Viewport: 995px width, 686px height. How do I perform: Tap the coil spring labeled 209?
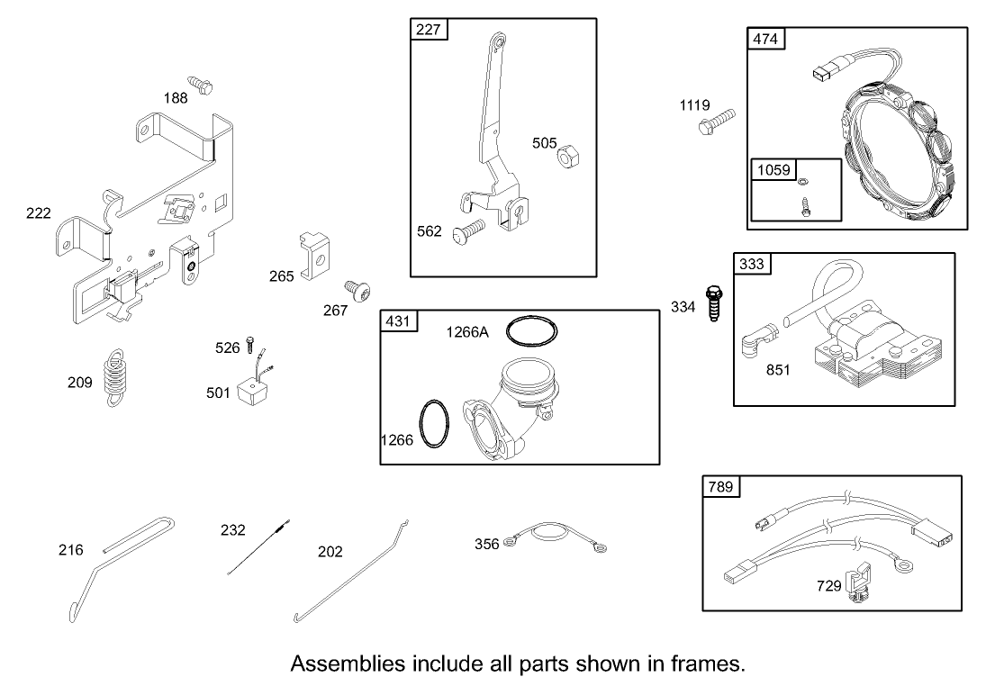point(115,377)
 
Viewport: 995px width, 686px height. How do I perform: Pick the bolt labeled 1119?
point(717,122)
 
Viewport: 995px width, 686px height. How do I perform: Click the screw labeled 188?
point(200,85)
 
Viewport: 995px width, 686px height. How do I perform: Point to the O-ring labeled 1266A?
point(532,331)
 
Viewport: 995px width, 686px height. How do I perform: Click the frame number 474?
point(765,39)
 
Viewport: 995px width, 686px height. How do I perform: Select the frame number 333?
point(752,264)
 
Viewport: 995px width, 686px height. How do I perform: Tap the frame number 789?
point(720,486)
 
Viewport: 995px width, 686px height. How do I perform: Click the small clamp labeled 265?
point(313,256)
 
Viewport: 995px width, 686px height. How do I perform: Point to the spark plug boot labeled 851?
point(757,337)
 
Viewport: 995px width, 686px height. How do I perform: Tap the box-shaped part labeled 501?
point(252,389)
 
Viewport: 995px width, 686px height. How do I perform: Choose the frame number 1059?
point(773,170)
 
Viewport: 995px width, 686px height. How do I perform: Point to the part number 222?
point(38,213)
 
